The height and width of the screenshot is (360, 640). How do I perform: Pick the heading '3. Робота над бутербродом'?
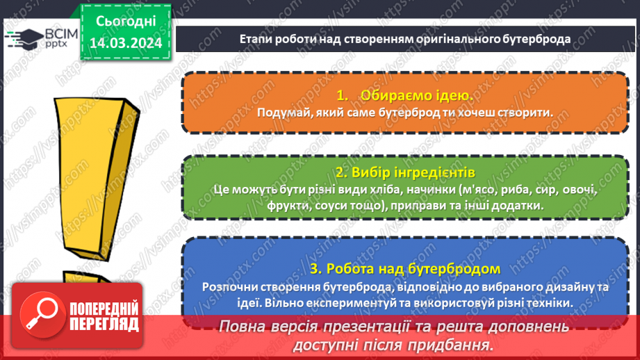[404, 268]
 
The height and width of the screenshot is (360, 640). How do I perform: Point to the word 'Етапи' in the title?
[254, 39]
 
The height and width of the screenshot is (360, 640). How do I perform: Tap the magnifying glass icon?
[40, 313]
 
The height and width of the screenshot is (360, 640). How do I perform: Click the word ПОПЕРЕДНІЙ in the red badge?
[104, 309]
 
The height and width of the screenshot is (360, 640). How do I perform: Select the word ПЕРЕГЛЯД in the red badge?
[104, 324]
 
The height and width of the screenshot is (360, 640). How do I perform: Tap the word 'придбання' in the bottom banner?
[452, 345]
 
